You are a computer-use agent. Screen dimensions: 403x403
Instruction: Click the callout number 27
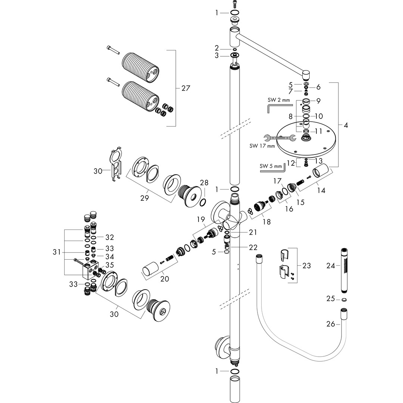pyautogui.click(x=185, y=88)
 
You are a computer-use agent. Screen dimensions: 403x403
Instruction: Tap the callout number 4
pyautogui.click(x=346, y=125)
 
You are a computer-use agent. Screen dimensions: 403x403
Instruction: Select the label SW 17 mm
pyautogui.click(x=262, y=146)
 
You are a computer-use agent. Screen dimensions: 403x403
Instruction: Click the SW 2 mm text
pyautogui.click(x=278, y=100)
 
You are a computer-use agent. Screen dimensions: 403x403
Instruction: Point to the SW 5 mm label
pyautogui.click(x=271, y=166)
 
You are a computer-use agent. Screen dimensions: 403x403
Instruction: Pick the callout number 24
pyautogui.click(x=331, y=266)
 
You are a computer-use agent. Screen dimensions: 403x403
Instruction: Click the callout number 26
pyautogui.click(x=331, y=324)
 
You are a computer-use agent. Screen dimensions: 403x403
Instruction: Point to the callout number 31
pyautogui.click(x=56, y=253)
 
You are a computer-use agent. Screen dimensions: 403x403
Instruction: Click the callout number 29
pyautogui.click(x=144, y=198)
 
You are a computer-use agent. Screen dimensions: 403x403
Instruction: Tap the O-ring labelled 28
pyautogui.click(x=203, y=202)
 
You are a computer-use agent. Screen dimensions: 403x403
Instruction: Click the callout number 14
pyautogui.click(x=321, y=191)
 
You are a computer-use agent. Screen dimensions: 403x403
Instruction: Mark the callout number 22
pyautogui.click(x=253, y=247)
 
